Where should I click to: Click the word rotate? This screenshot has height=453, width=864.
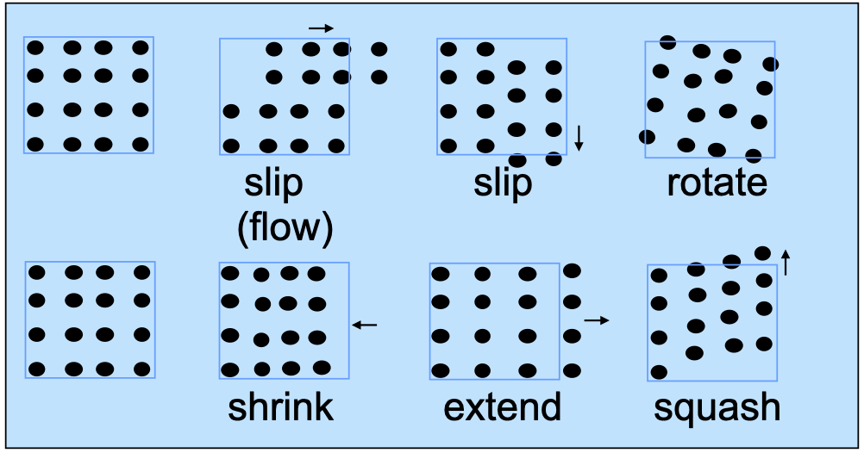tap(717, 183)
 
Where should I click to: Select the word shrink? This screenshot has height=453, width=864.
tap(280, 407)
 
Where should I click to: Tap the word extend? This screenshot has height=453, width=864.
tap(502, 407)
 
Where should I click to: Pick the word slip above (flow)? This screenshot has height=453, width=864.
tap(274, 183)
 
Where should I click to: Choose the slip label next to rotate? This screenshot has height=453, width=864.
tap(503, 183)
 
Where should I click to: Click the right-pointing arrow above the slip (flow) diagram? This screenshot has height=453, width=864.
tap(321, 28)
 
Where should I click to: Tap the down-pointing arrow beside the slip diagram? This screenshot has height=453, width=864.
tap(579, 138)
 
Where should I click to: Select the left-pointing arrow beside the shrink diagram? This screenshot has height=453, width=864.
tap(365, 325)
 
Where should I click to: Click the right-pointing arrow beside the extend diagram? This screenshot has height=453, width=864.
tap(597, 320)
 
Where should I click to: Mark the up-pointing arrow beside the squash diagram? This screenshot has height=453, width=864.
tap(786, 262)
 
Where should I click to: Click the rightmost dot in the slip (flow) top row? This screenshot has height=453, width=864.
tap(379, 49)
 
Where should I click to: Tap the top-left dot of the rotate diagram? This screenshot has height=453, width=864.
tap(667, 41)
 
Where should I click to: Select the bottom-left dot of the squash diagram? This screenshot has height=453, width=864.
tap(659, 372)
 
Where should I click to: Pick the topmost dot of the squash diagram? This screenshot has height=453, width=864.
tap(762, 253)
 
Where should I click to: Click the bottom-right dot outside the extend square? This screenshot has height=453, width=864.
tap(572, 369)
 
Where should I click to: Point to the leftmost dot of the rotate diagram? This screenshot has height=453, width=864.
tap(647, 136)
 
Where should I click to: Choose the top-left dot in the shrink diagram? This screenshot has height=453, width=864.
tap(230, 274)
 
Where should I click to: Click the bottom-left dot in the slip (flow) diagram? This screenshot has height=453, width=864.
tap(231, 146)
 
